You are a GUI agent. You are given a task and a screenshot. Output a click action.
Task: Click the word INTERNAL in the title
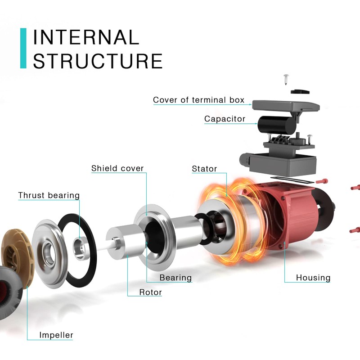click(86, 37)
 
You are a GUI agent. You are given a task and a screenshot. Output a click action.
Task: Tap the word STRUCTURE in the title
click(98, 61)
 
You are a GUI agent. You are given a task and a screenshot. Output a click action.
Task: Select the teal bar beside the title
click(23, 48)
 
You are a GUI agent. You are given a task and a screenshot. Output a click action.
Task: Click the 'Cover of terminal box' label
click(198, 100)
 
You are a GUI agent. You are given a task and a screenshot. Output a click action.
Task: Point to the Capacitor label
click(225, 119)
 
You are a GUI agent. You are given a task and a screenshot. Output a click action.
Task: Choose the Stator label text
click(204, 169)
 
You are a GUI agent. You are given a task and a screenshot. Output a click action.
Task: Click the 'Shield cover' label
click(117, 168)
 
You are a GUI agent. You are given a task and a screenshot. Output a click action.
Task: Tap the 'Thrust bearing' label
click(49, 195)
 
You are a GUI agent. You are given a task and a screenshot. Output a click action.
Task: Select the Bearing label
click(175, 278)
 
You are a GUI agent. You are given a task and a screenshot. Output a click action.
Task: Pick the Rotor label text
click(151, 292)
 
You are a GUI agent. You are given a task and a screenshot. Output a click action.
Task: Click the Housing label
click(313, 278)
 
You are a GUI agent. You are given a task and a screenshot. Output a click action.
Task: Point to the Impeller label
click(56, 335)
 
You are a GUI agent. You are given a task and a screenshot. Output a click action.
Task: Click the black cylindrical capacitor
click(275, 125)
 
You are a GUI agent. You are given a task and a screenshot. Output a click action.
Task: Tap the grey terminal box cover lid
click(286, 105)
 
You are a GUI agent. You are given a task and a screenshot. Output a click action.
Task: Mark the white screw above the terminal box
click(286, 79)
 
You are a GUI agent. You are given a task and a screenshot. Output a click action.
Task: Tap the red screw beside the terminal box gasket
click(322, 181)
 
